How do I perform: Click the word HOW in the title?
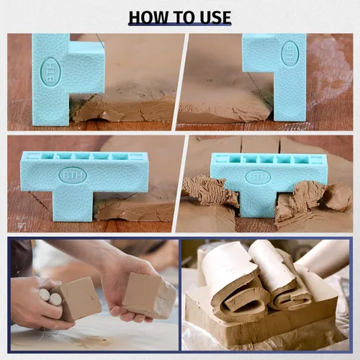click(149, 17)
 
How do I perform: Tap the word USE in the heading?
click(215, 17)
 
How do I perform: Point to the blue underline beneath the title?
click(180, 24)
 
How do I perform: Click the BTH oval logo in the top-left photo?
click(50, 72)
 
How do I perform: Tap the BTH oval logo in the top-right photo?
click(290, 53)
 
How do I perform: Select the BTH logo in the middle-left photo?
click(73, 175)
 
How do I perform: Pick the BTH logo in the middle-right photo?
click(258, 177)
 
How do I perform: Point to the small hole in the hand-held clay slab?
click(93, 298)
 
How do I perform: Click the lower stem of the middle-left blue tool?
click(72, 206)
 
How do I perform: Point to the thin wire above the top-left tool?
click(101, 41)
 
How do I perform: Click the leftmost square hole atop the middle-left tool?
click(48, 156)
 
